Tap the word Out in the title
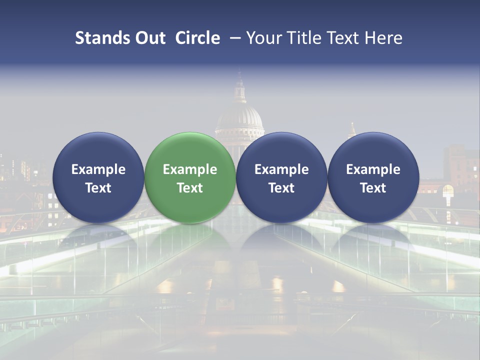(148, 38)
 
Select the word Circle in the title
(197, 38)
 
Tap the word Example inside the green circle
(190, 169)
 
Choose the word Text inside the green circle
(190, 188)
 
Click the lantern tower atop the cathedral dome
(239, 90)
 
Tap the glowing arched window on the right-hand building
(448, 190)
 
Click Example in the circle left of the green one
(98, 169)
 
